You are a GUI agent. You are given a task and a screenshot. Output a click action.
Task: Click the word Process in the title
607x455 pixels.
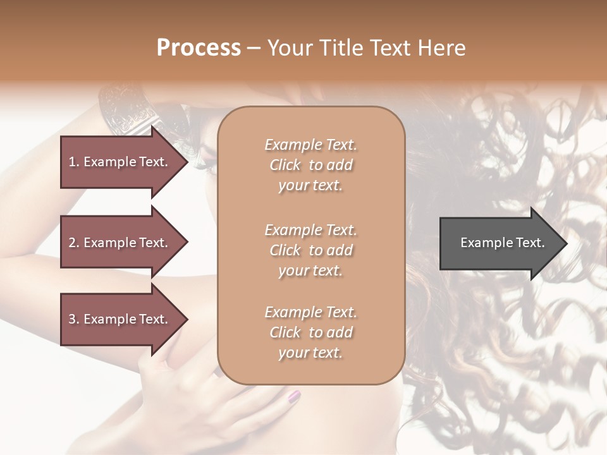click(199, 48)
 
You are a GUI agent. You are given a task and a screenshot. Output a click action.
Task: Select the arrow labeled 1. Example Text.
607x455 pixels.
click(120, 162)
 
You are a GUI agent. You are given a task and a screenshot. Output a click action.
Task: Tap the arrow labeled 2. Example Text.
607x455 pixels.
click(120, 243)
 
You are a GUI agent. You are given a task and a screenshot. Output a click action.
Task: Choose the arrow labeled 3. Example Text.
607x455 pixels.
click(120, 319)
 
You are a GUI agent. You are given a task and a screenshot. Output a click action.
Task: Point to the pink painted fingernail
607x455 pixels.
click(294, 397)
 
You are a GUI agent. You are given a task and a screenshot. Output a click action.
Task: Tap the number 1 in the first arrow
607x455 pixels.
click(71, 162)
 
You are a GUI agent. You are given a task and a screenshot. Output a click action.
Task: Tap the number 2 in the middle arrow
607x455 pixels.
click(72, 243)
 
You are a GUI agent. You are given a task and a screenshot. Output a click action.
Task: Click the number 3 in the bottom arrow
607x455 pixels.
click(72, 319)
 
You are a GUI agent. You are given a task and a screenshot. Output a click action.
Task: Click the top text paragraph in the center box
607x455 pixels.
click(310, 165)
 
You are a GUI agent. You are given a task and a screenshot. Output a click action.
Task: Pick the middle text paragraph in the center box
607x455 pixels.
click(310, 250)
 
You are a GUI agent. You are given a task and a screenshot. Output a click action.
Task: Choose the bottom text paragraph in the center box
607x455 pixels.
click(310, 332)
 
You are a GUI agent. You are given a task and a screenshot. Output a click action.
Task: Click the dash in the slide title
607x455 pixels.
click(254, 49)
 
